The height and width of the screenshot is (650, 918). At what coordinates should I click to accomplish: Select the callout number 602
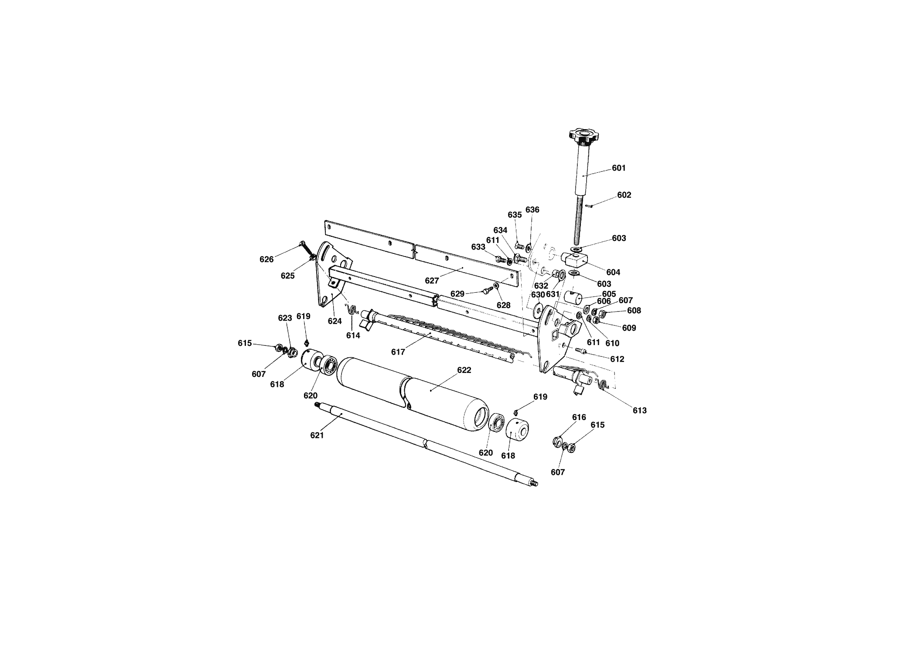[624, 195]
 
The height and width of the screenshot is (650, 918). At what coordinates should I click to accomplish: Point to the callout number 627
[432, 281]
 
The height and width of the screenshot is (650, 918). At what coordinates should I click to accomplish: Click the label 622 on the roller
[464, 370]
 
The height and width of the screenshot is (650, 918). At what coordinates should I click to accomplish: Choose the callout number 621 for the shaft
[317, 435]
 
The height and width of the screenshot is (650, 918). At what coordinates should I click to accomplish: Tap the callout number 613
[640, 411]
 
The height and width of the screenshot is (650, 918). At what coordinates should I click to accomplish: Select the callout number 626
[266, 259]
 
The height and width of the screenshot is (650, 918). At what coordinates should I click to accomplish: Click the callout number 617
[398, 352]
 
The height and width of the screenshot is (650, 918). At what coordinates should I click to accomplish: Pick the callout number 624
[335, 322]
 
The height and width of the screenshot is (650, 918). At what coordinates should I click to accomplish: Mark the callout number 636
[532, 209]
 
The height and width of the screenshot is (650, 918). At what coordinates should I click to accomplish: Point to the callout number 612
[618, 359]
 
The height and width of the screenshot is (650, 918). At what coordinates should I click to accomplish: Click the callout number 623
[285, 318]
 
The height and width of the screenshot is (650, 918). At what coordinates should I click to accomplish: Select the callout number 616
[579, 417]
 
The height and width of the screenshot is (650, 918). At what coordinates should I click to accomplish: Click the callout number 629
[457, 294]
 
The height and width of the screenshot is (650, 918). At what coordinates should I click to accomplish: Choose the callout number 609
[629, 328]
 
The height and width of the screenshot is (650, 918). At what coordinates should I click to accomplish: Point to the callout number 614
[353, 335]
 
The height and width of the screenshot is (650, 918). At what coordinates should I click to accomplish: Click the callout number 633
[478, 247]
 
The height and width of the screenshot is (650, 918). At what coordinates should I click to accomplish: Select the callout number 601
[619, 168]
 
